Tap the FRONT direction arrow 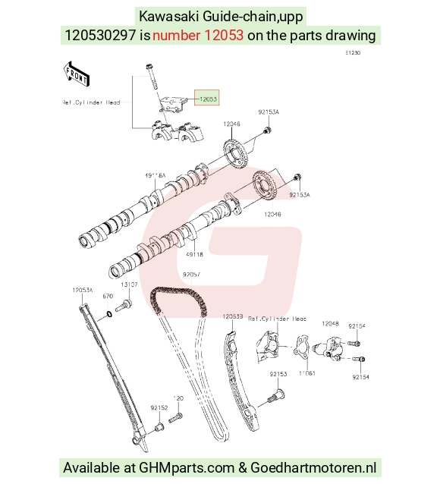77,74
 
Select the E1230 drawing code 353,53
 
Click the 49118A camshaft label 155,176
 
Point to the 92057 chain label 191,275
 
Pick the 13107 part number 129,284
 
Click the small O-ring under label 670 109,315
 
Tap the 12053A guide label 83,290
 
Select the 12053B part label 233,316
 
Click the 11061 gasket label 307,373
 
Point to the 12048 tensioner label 330,323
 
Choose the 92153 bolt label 278,374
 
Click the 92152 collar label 159,407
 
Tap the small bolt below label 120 175,418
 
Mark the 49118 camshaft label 194,255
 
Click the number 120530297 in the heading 100,35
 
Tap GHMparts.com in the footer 187,467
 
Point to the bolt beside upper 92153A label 267,130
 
